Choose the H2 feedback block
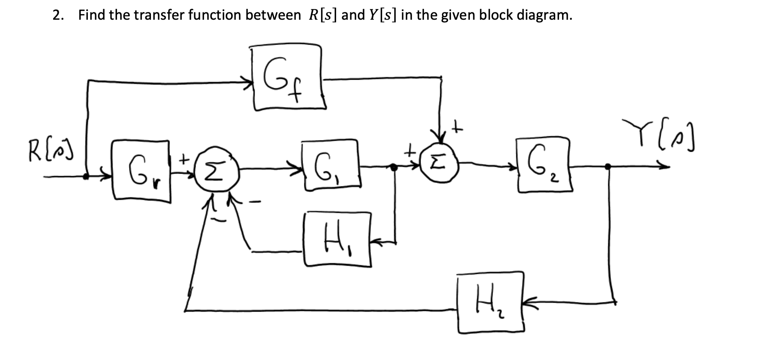[490, 303]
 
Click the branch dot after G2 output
[608, 167]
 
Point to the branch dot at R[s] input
[86, 176]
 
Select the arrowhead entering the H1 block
[376, 243]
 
